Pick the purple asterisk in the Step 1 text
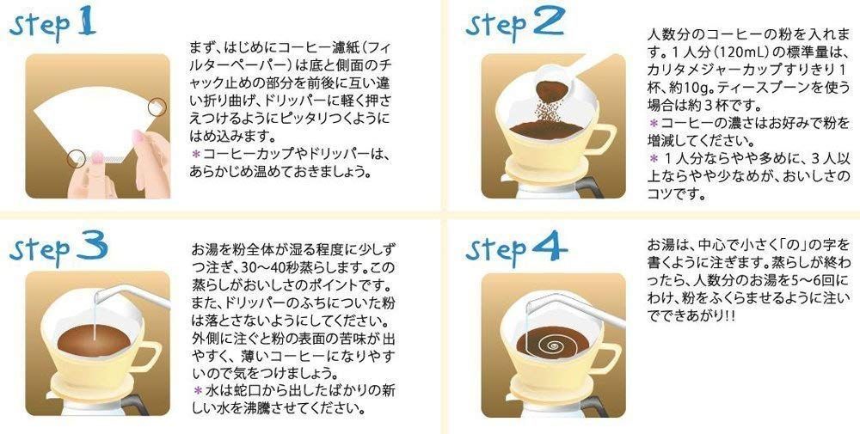(195, 155)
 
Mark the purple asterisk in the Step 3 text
(195, 390)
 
